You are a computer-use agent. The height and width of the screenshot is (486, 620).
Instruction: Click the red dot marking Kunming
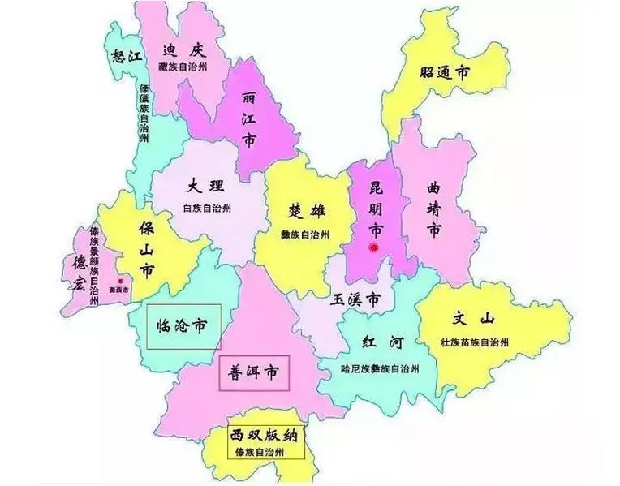(374, 247)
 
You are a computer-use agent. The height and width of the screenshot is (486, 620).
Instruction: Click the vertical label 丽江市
(249, 118)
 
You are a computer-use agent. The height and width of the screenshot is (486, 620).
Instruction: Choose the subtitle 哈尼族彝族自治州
(381, 368)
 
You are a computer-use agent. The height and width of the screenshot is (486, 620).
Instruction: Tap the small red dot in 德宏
(120, 281)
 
